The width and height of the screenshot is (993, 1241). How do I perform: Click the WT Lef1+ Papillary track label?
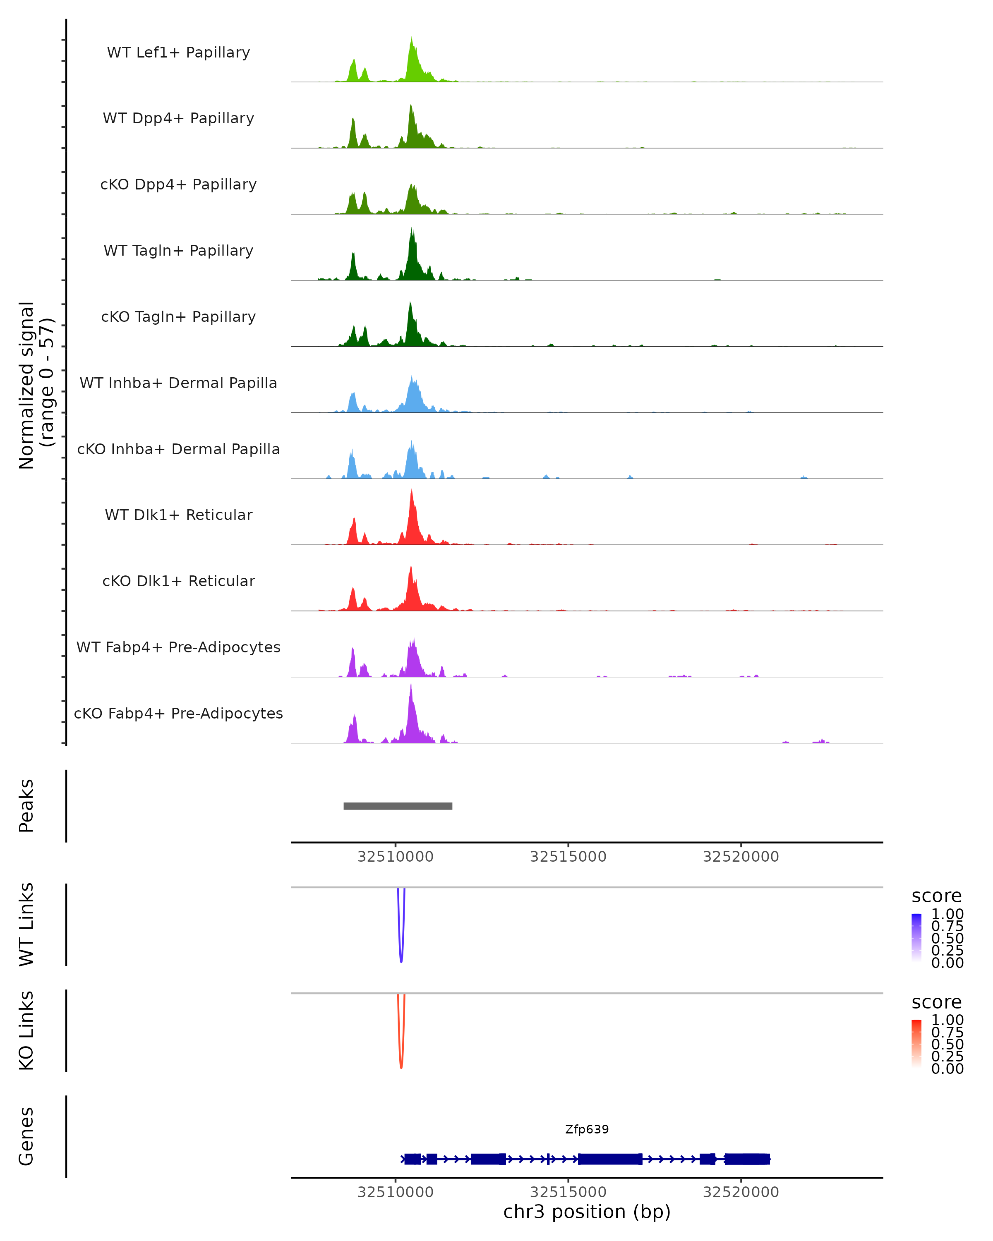click(178, 53)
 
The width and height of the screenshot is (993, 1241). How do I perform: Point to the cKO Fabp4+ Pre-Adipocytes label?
click(178, 713)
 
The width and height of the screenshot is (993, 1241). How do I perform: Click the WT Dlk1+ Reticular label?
click(178, 515)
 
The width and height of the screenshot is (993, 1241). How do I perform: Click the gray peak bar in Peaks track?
click(398, 806)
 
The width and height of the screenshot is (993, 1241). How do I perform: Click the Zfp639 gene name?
click(587, 1129)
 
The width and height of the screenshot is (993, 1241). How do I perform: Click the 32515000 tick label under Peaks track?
click(568, 857)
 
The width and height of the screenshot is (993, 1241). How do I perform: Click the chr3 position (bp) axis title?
click(587, 1212)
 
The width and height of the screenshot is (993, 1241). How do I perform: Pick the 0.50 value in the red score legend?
click(947, 1044)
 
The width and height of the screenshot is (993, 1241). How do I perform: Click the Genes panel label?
click(26, 1136)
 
